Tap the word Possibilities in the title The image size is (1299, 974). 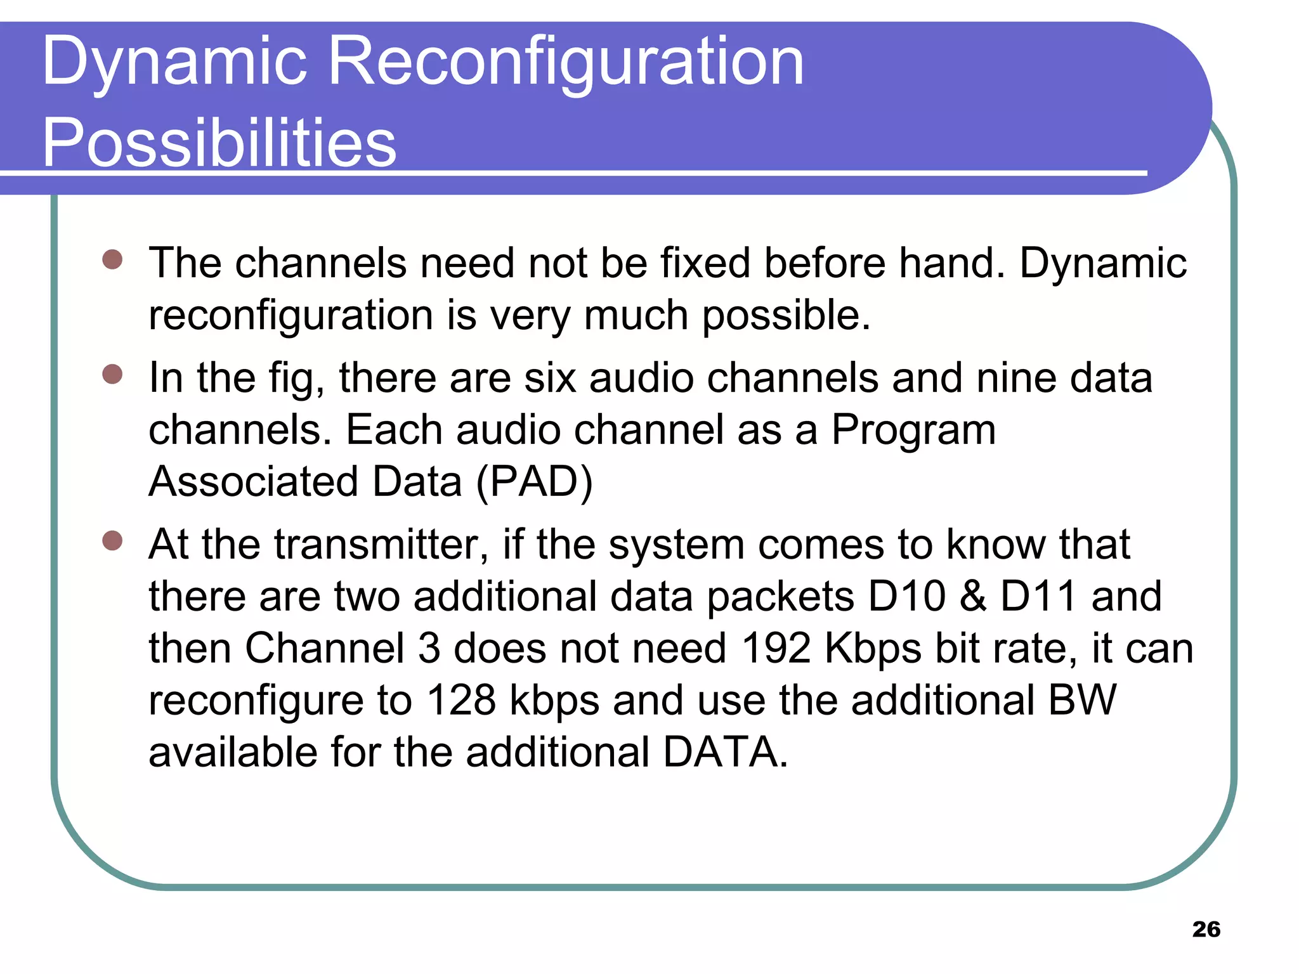[x=219, y=143]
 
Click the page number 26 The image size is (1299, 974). [x=1206, y=930]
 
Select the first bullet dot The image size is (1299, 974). [x=112, y=259]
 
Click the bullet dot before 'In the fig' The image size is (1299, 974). [x=112, y=374]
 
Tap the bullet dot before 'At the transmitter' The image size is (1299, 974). [x=112, y=541]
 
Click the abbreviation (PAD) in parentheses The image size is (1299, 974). [x=534, y=482]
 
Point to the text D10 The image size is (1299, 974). [x=906, y=597]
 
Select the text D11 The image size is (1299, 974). [x=1038, y=597]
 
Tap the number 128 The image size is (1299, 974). [x=460, y=701]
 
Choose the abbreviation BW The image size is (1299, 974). [x=1082, y=701]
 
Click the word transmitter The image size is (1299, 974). [x=376, y=545]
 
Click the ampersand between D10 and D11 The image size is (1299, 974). [x=973, y=597]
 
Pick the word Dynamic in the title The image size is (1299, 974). [x=175, y=62]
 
